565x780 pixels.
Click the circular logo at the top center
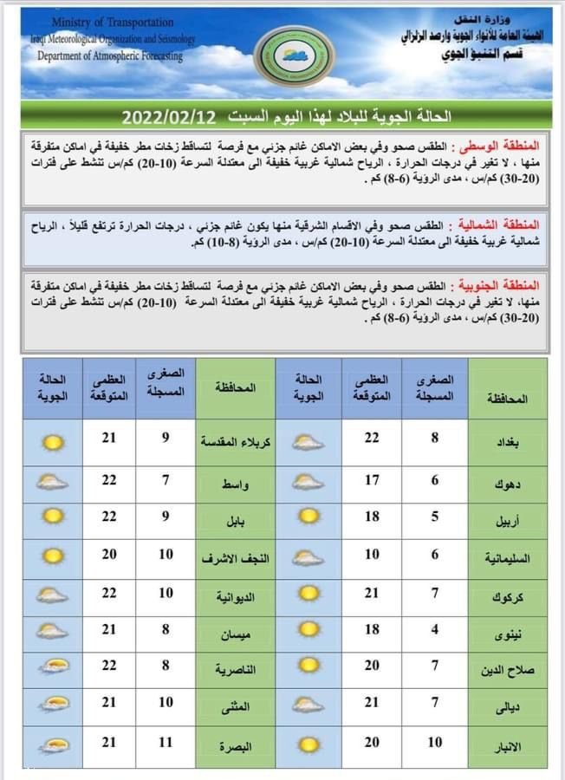[x=295, y=55]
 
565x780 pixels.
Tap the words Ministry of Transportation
[x=113, y=23]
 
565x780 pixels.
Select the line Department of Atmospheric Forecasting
[x=110, y=55]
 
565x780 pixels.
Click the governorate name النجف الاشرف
[x=236, y=555]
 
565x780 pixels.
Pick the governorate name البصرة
[x=236, y=744]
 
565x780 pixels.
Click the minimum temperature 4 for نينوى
[x=435, y=630]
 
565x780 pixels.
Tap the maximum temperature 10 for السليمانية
[x=372, y=555]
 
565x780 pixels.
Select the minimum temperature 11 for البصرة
[x=166, y=744]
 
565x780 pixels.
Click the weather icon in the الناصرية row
[x=54, y=667]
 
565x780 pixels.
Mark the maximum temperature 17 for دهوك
[x=372, y=480]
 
